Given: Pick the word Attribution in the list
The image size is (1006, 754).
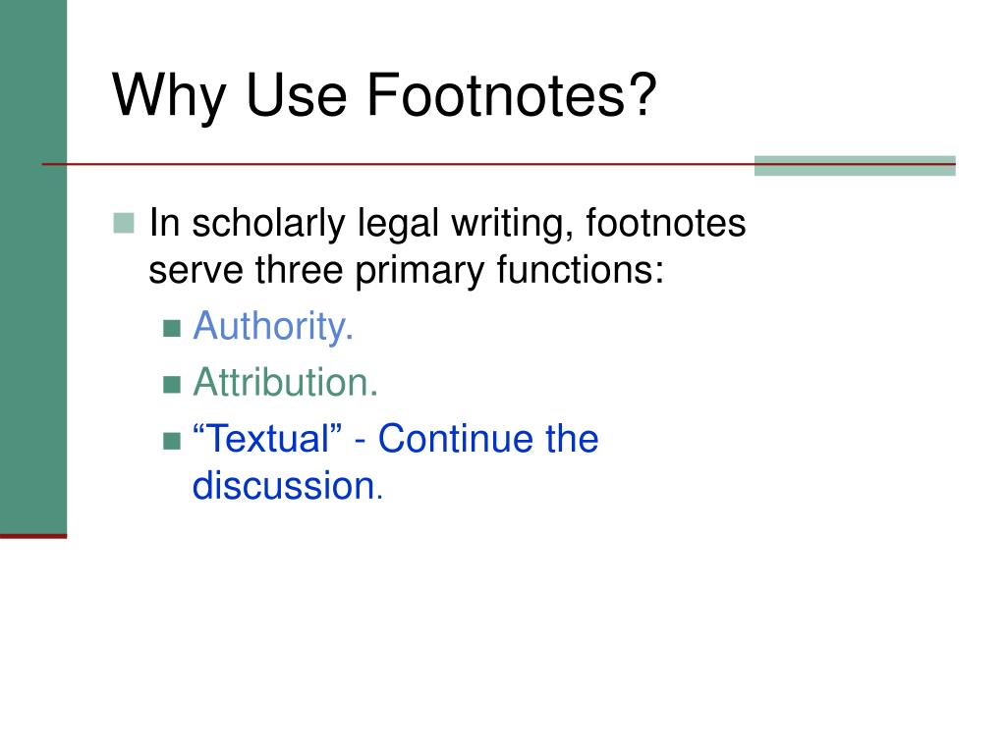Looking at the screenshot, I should tap(285, 383).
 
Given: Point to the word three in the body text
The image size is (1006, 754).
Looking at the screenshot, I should tap(300, 270).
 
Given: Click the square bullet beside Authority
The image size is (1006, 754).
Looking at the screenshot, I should tap(173, 329).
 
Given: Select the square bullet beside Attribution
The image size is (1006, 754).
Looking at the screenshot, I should tap(173, 385).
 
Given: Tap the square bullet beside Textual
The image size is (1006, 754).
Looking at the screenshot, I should tap(173, 440).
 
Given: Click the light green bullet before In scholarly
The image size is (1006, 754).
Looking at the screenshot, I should tap(124, 225).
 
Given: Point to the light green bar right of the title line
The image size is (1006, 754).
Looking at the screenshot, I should tap(854, 165).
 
